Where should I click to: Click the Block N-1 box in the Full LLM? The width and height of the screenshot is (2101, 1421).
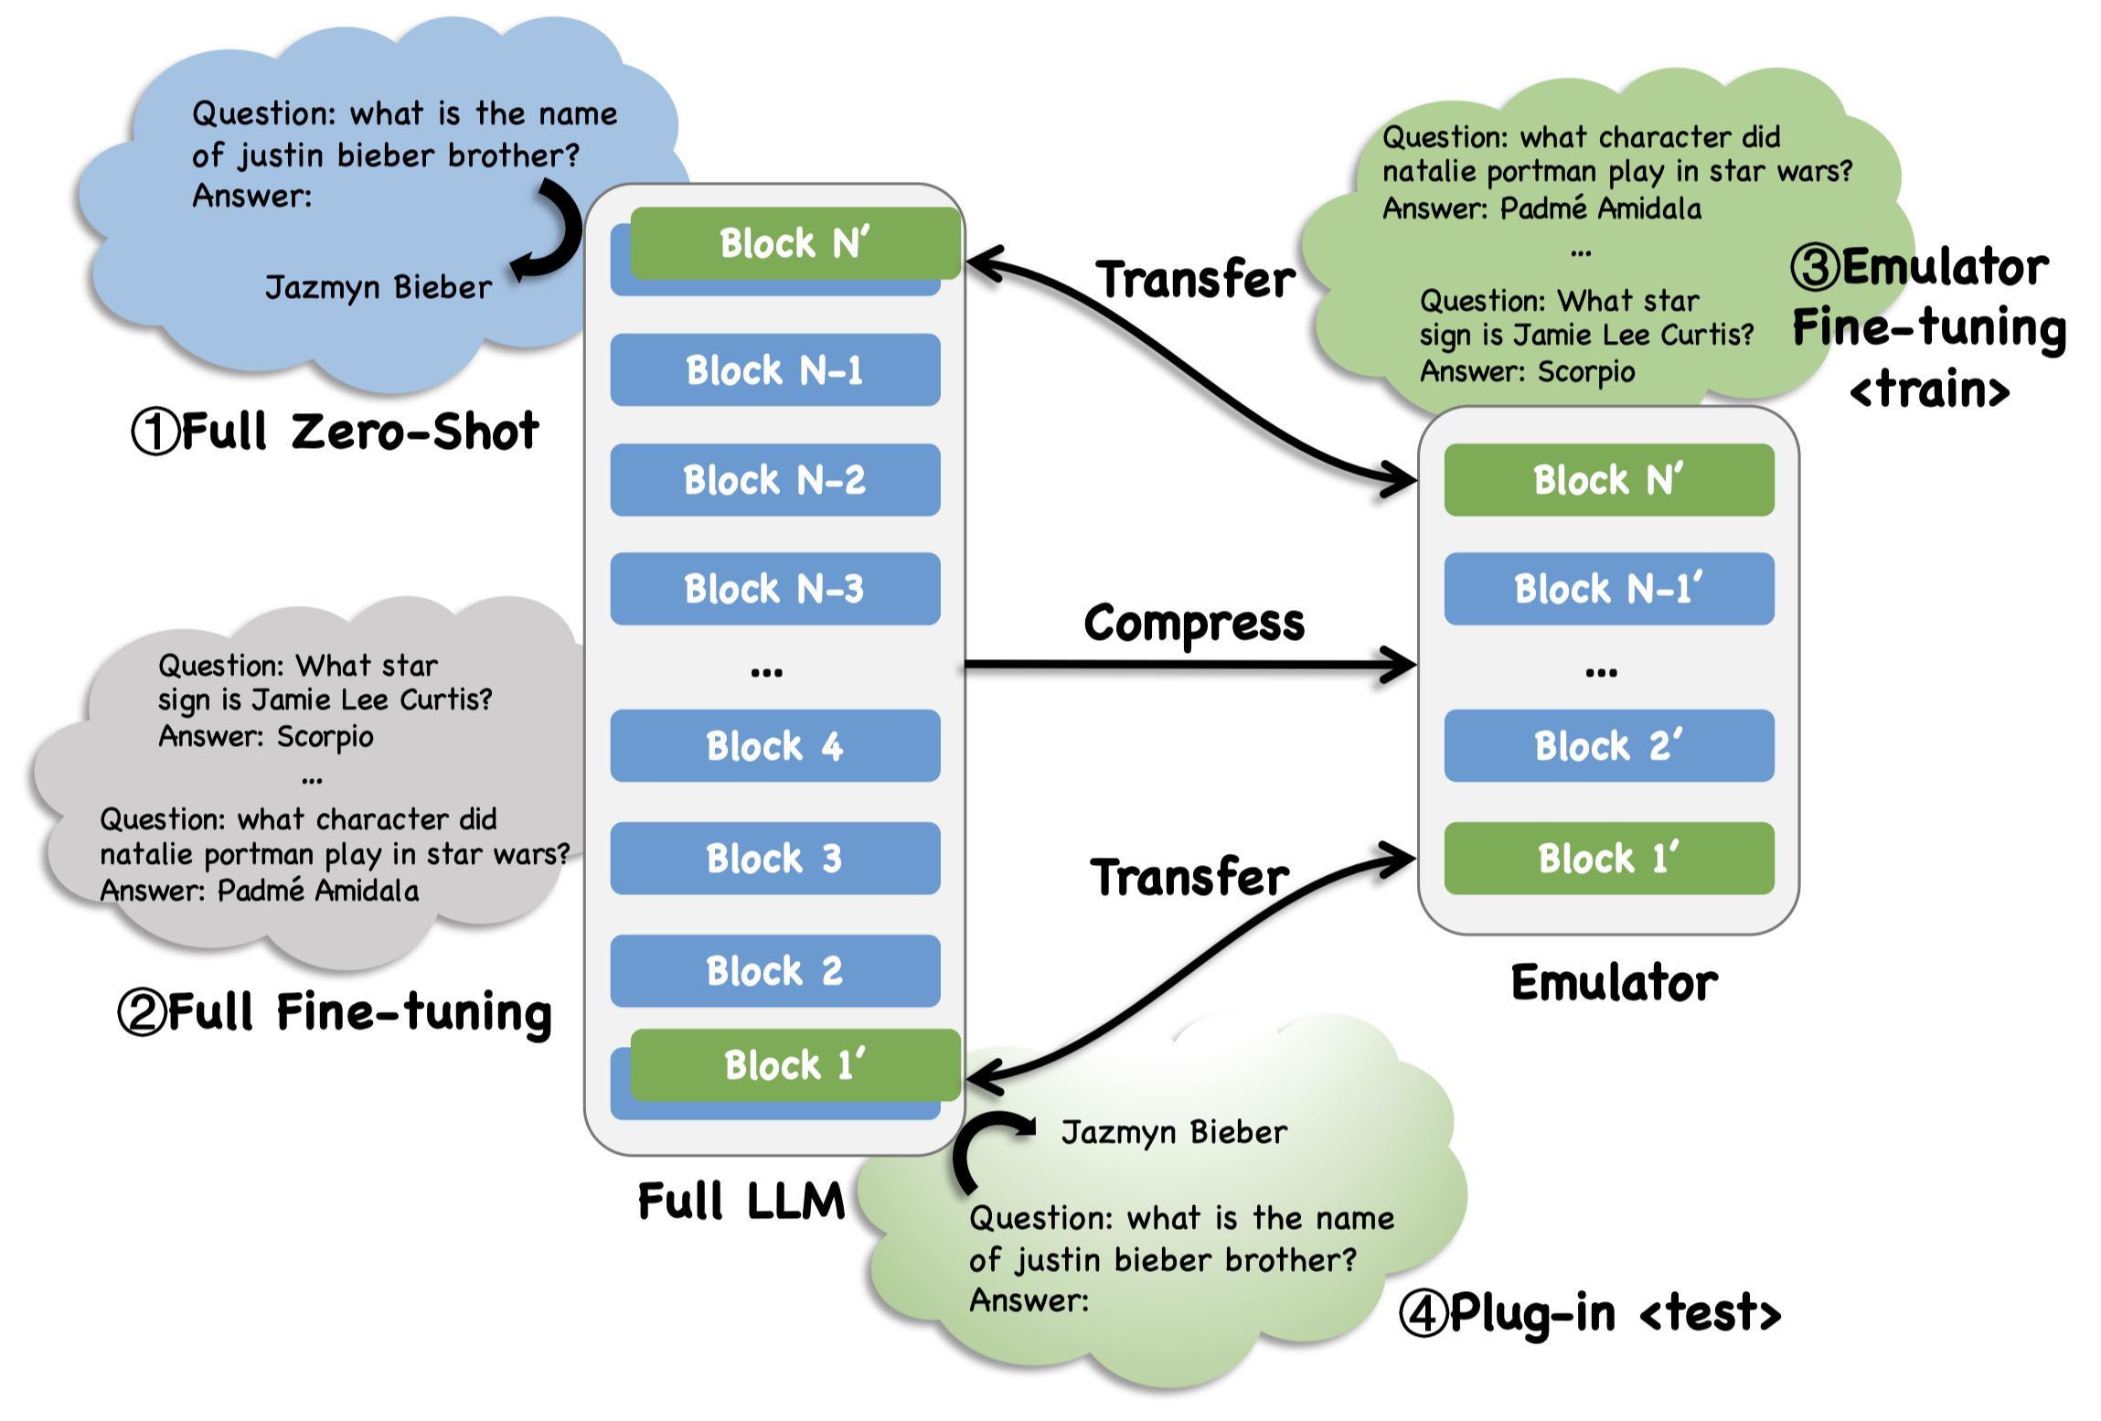[774, 369]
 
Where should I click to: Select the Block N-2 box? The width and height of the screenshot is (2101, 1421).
[774, 479]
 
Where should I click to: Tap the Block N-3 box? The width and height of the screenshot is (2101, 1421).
[774, 588]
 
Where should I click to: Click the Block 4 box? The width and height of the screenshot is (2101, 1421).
[774, 745]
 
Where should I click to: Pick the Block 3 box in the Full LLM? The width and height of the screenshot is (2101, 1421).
[774, 858]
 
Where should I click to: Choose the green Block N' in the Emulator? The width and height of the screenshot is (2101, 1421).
[1608, 479]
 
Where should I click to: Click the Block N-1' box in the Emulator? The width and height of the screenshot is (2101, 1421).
[1608, 588]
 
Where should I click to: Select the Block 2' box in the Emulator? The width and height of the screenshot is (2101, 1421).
[1608, 745]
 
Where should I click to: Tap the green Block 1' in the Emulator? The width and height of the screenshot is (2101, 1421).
[1608, 858]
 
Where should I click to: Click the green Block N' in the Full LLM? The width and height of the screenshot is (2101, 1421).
[795, 242]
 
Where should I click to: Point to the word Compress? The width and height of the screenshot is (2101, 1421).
[1193, 624]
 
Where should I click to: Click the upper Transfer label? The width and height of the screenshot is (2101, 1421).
[1195, 279]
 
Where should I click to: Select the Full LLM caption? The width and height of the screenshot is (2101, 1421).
[741, 1201]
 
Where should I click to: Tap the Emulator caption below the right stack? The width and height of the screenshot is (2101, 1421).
[1614, 983]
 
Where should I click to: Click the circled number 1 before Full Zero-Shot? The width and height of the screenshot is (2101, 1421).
[155, 432]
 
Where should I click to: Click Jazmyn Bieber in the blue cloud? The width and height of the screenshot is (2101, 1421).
[378, 287]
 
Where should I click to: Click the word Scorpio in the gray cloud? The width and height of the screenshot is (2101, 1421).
[325, 736]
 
